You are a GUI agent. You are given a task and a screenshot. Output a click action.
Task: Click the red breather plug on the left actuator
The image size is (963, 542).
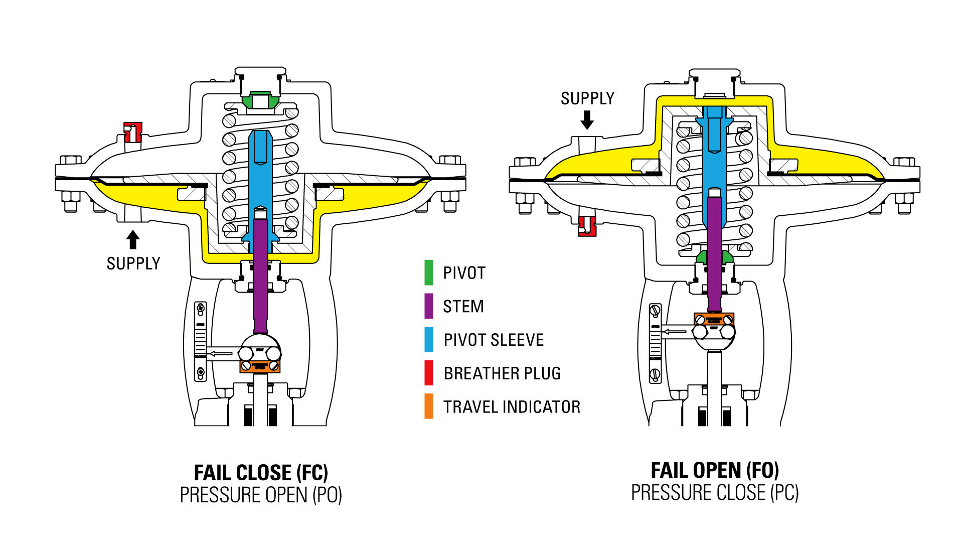[x=132, y=132]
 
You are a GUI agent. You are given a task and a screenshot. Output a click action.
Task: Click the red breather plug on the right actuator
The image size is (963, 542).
[x=586, y=226]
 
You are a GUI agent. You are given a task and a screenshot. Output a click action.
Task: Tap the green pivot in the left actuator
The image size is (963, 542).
[x=260, y=100]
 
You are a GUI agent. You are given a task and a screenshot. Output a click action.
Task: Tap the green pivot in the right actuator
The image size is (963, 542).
[x=714, y=257]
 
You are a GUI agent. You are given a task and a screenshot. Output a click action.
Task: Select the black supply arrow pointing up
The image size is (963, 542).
[x=132, y=239]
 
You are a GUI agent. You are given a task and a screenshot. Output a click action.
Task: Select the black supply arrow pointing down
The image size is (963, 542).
[x=587, y=119]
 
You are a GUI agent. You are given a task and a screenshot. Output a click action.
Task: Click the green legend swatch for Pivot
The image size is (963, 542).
[x=429, y=273]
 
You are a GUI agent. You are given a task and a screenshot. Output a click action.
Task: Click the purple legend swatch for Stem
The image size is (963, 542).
[x=429, y=306]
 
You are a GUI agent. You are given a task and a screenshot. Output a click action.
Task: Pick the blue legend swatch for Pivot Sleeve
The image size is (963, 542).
[x=429, y=339]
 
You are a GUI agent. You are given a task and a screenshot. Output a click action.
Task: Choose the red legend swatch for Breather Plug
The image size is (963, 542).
[x=429, y=373]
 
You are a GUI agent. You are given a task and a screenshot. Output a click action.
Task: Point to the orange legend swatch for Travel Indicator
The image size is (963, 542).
[x=429, y=406]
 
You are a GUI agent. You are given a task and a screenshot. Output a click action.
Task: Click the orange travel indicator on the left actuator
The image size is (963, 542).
[x=259, y=366]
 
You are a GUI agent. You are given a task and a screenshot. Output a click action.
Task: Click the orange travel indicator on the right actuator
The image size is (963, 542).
[x=714, y=319]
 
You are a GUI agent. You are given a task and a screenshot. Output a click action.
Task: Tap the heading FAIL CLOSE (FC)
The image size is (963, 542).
[x=261, y=473]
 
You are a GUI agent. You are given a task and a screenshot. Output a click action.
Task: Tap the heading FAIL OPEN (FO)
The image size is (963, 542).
[x=715, y=470]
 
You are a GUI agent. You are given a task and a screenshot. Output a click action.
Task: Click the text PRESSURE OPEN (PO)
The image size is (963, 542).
[x=261, y=495]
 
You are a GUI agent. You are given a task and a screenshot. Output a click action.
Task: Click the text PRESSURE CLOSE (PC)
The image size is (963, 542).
[x=715, y=493]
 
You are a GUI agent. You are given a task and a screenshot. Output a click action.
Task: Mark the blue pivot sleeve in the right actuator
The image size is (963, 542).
[x=714, y=161]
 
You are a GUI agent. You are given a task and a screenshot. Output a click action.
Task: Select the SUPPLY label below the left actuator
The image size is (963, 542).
[x=133, y=263]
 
